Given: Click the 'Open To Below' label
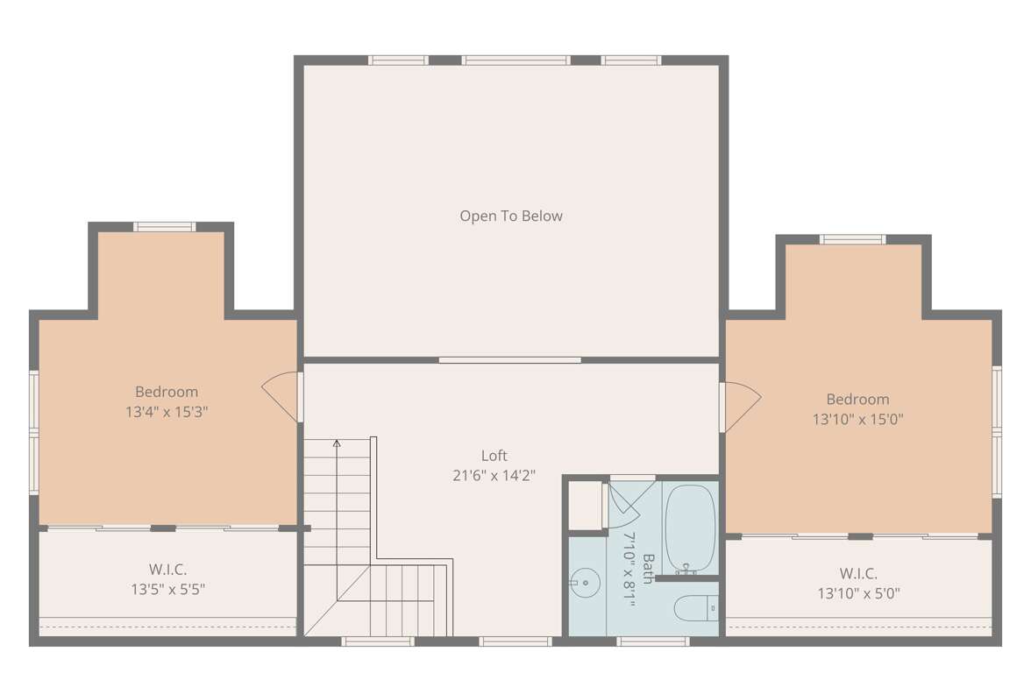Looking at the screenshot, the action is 511,216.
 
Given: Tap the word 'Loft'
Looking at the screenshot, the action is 494,456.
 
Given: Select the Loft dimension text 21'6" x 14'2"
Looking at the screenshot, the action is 494,475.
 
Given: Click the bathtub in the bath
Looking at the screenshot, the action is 690,529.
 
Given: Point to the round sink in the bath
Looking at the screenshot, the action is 584,583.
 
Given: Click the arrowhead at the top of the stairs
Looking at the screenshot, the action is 337,443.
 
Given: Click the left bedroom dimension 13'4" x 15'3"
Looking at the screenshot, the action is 167,412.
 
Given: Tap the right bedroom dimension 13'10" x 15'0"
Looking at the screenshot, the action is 858,419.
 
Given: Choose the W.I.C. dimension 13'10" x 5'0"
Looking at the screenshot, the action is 859,593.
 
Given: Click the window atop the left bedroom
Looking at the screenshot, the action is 165,227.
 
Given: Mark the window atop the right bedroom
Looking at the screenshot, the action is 853,239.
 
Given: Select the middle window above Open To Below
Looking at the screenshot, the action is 515,60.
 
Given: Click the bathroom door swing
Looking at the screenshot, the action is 622,504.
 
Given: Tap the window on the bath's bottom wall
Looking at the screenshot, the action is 653,641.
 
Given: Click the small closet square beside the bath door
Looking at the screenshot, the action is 586,505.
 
